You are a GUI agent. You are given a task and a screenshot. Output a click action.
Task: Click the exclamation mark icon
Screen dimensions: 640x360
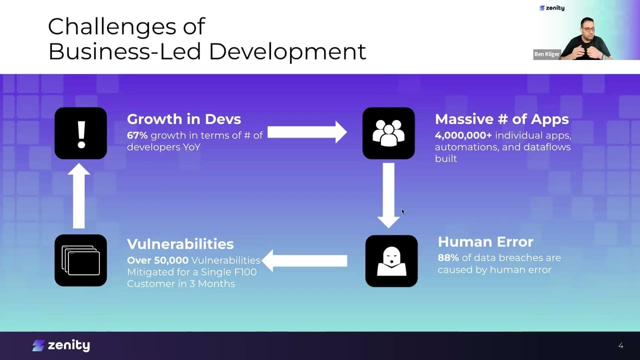coord(81,133)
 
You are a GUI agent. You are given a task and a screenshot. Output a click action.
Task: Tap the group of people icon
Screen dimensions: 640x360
coord(388,133)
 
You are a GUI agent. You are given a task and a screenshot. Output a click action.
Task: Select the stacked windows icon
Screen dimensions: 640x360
coord(81,260)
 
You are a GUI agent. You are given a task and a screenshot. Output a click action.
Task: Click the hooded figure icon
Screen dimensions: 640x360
coord(391,261)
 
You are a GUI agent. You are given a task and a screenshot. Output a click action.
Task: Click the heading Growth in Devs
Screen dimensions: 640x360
coord(184,119)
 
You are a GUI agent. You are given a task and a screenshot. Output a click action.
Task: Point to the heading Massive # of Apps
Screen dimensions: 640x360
coord(502,119)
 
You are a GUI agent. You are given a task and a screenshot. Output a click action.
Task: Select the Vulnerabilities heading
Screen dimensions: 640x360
coord(180,244)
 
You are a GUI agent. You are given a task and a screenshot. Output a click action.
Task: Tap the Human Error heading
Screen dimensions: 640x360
coord(485,241)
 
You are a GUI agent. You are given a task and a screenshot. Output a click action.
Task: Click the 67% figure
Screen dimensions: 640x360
coord(137,135)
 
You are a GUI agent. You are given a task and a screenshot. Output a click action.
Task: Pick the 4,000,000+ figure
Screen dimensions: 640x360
coord(463,135)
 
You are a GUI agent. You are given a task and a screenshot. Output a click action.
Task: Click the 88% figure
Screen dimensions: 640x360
coord(448,257)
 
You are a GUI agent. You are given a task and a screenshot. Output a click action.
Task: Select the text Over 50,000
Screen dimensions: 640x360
coord(157,260)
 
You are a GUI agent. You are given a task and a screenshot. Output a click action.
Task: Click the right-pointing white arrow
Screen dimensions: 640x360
coord(307,132)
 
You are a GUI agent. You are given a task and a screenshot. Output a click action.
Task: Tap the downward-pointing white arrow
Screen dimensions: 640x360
coord(388,195)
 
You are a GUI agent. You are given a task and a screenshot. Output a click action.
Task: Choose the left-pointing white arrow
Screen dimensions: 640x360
coord(304,260)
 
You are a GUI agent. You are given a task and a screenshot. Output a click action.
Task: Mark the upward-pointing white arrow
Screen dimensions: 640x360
coord(79,195)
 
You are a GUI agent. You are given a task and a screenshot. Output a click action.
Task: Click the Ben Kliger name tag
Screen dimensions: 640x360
coord(547,54)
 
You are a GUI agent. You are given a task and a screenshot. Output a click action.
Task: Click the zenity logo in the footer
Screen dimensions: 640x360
coord(61,345)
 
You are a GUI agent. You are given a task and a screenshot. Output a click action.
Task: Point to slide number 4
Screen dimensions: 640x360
coord(621,345)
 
